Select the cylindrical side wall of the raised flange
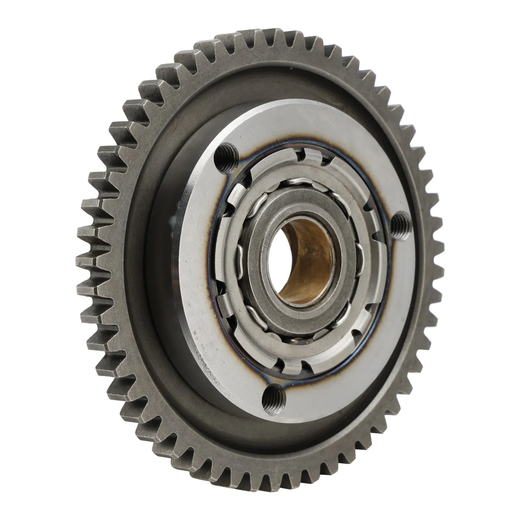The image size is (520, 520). [x=182, y=292]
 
